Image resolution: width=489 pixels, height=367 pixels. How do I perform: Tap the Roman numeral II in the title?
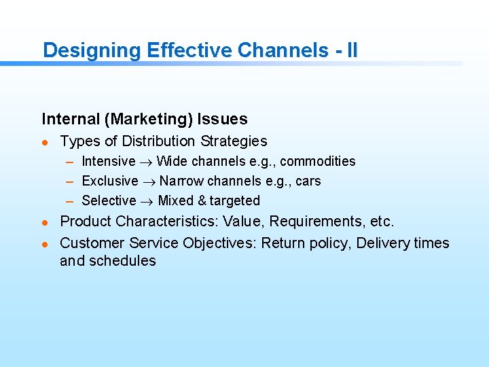(351, 50)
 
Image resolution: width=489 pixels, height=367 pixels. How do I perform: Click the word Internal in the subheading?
(70, 120)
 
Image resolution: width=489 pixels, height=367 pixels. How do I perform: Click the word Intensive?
(108, 161)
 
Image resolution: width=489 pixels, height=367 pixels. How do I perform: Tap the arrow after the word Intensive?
(146, 162)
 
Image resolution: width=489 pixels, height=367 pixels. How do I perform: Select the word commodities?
(317, 161)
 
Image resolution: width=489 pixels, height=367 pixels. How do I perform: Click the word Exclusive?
(109, 181)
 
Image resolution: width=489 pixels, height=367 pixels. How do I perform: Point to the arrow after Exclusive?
(149, 181)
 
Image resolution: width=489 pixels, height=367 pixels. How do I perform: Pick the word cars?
(308, 181)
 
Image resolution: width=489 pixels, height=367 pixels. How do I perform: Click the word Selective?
(109, 200)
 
